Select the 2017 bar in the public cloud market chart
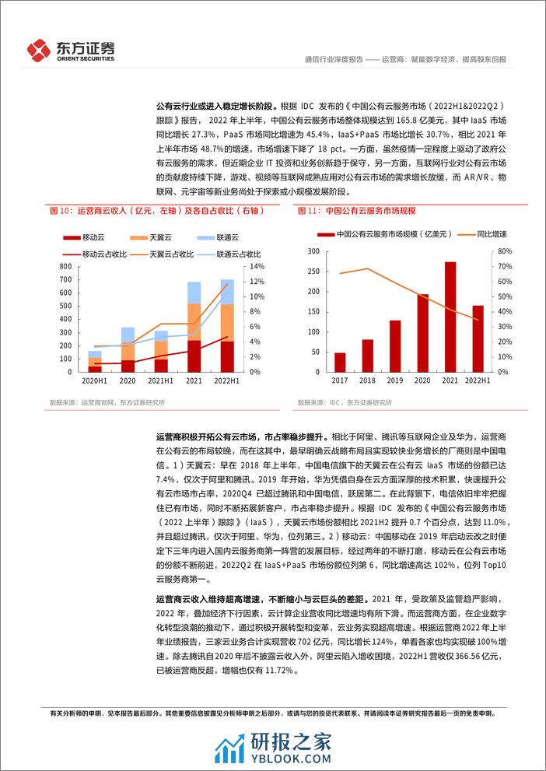click(x=340, y=363)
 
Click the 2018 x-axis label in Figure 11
click(x=367, y=381)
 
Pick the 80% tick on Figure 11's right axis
click(x=503, y=251)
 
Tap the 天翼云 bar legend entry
click(x=139, y=237)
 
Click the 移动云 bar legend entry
click(x=85, y=237)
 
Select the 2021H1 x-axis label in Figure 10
click(x=160, y=381)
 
